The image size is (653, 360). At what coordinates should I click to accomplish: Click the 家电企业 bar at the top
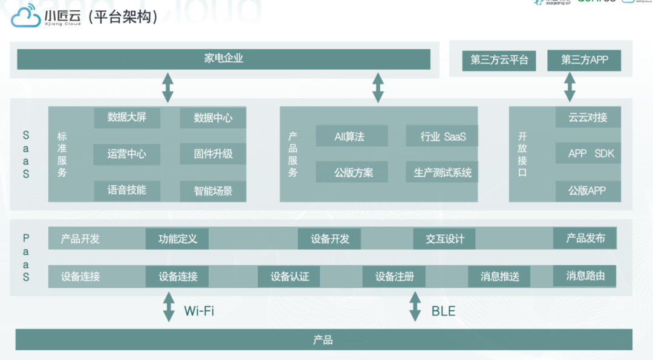224,59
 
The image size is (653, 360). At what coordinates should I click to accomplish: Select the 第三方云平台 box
499,61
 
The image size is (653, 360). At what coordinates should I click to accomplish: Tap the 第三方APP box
584,61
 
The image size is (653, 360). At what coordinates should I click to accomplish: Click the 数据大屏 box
127,117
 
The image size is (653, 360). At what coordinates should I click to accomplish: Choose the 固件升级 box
213,154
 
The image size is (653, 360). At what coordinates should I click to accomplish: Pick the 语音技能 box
127,190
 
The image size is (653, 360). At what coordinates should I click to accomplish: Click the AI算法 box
351,136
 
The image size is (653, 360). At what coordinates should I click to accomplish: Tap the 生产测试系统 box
443,172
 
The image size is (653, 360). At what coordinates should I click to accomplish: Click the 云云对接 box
588,117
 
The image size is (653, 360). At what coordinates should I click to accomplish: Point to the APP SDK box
588,154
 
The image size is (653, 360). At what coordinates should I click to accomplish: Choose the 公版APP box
588,191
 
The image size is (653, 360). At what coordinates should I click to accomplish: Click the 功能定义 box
177,239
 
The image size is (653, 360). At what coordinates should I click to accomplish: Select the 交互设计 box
444,239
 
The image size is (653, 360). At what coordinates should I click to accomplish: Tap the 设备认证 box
290,277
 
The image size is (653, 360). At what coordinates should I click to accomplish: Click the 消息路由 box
585,276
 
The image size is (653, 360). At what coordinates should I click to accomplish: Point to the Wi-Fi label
199,312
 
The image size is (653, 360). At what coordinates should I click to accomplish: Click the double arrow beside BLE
415,307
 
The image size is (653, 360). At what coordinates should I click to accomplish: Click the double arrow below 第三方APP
570,87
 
